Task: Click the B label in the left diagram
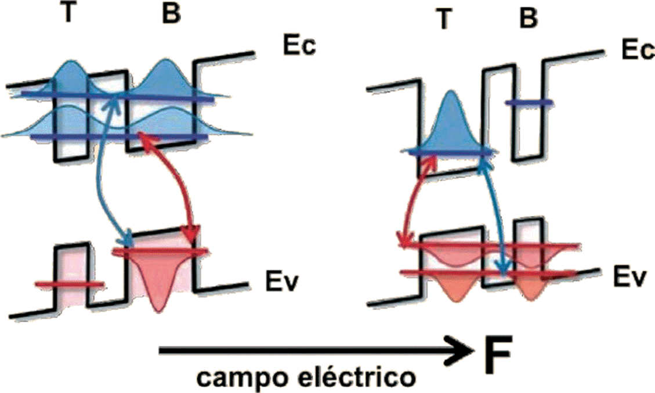coord(171,15)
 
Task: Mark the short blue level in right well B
coord(529,103)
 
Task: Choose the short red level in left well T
coord(70,284)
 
